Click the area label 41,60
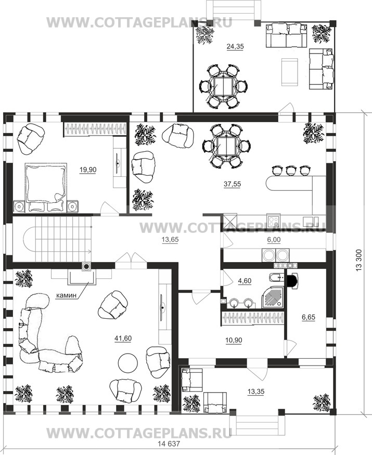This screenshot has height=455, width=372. pos(123,339)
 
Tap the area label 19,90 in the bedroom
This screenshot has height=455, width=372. pos(88,170)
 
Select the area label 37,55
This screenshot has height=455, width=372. pos(233,184)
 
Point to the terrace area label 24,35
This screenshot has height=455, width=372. pos(235,46)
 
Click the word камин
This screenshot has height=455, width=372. pos(66,295)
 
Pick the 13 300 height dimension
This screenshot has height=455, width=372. pos(359,260)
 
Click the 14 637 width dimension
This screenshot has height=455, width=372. pos(169,444)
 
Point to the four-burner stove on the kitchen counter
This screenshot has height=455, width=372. pos(274,221)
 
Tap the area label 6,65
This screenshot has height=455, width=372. pos(309,317)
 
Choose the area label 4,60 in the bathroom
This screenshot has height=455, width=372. pos(245,281)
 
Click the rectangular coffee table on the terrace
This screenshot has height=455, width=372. pos(290,72)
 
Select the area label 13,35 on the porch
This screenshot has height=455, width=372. pos(256,392)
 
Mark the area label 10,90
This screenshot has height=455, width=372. pos(234,340)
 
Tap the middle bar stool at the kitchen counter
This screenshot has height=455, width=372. pos(290,171)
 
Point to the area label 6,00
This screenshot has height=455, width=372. pos(274,240)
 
